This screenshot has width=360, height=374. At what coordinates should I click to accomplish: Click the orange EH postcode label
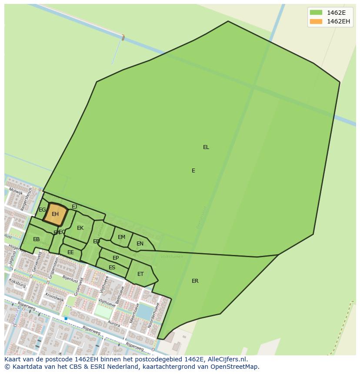[x=55, y=214]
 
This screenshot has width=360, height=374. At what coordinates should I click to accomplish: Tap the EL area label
[x=206, y=147]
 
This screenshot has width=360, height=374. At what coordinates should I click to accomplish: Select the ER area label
[x=195, y=281]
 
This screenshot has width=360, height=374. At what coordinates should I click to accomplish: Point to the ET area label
[x=140, y=274]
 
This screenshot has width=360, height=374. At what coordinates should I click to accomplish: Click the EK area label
[x=80, y=228]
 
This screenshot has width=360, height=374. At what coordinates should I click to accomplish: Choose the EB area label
[x=37, y=239]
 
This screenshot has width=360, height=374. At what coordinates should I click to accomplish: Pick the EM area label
[x=121, y=237]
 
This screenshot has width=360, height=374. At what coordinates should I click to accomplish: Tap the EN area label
[x=140, y=244]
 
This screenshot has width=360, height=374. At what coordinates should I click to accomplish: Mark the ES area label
[x=112, y=268]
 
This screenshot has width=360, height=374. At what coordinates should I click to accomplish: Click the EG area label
[x=42, y=210]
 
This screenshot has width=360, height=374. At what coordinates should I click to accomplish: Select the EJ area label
[x=74, y=207]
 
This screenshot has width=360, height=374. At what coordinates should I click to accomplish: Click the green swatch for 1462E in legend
[x=316, y=13]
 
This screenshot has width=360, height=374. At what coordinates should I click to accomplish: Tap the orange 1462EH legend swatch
[x=316, y=21]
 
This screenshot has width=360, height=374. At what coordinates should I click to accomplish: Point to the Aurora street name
[x=113, y=324]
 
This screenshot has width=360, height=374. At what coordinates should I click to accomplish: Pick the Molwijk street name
[x=16, y=192]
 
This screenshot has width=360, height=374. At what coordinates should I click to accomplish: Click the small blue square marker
[x=66, y=318]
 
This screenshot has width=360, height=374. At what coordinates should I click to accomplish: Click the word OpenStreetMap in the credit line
[x=235, y=367]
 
